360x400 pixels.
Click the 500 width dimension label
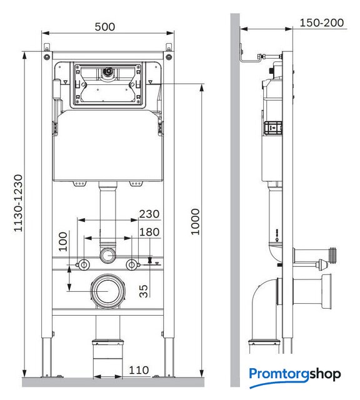tap(105, 26)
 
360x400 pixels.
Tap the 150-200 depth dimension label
tap(321, 22)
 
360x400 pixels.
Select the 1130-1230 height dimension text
tap(18, 203)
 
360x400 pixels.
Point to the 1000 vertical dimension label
tap(195, 222)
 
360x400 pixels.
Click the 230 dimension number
tap(149, 214)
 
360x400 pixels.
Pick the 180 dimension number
tap(149, 232)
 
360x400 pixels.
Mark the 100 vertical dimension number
tap(63, 241)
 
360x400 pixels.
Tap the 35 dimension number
tap(144, 291)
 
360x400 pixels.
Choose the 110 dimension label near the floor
tap(139, 370)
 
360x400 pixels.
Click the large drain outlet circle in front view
tap(108, 291)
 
